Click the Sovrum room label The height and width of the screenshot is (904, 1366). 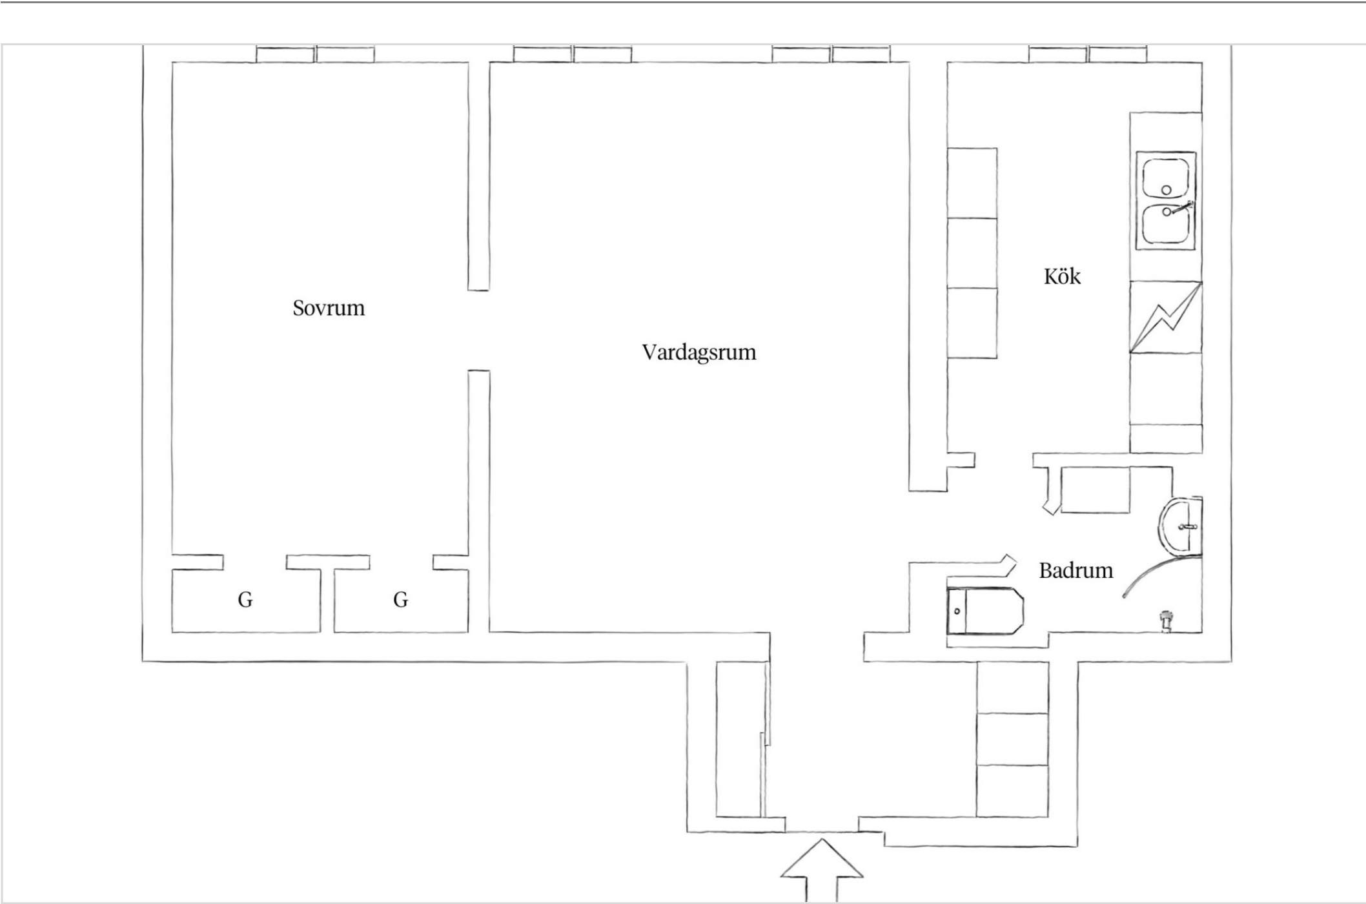329,308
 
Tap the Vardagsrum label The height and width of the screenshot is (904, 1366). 699,353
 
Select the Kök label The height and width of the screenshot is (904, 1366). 1062,276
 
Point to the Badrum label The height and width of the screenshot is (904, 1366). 1076,571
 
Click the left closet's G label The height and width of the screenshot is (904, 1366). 245,600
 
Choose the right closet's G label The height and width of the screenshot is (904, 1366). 401,600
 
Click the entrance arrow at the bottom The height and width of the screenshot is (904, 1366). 822,870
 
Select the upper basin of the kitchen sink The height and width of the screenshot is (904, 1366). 1166,178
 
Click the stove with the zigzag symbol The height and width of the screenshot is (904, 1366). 1166,317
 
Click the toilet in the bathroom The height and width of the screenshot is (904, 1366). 985,610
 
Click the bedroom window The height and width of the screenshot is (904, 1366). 315,54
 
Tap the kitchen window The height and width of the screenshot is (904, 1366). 1088,54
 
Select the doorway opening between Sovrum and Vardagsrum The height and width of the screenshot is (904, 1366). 478,330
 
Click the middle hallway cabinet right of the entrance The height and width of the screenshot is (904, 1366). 1012,739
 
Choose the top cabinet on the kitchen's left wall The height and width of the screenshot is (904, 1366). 972,183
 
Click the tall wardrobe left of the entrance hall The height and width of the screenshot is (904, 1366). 740,739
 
